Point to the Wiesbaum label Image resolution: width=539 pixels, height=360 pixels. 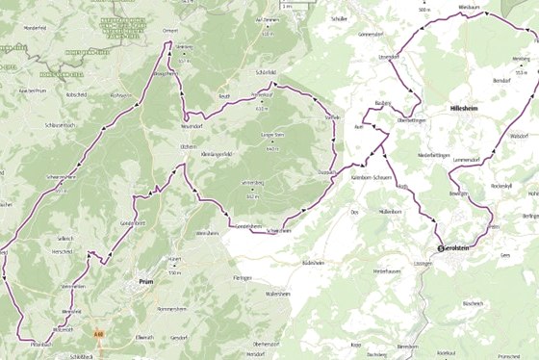click(470, 6)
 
